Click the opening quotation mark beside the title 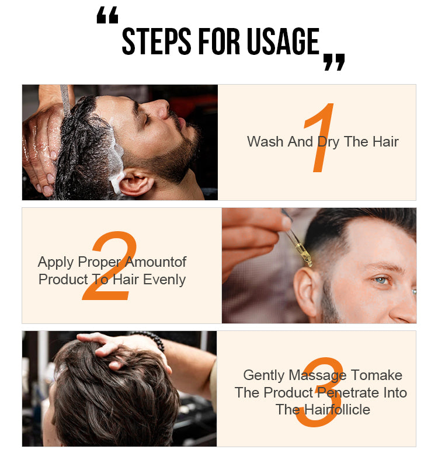coord(107,16)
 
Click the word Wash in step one coord(265,141)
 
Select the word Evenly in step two coord(164,280)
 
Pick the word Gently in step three coord(264,375)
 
